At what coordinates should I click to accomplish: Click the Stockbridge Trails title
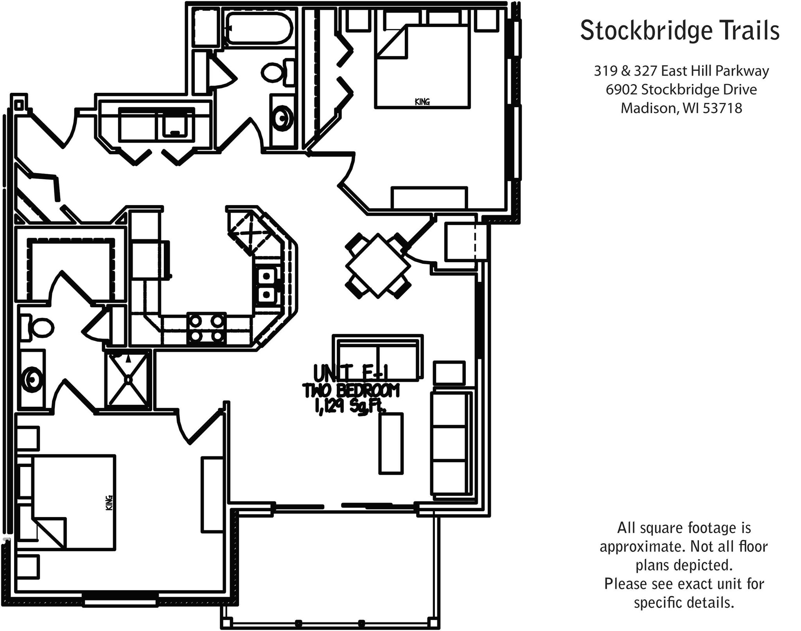(x=679, y=31)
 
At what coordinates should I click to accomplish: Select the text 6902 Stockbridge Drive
(x=681, y=90)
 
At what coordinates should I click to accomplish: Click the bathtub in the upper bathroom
(x=259, y=28)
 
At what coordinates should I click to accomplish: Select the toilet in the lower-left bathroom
(x=39, y=328)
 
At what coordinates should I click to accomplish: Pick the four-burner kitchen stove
(x=206, y=328)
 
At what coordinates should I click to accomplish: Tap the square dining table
(x=378, y=266)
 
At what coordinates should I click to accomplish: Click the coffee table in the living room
(x=390, y=444)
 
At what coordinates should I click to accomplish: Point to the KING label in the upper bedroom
(x=422, y=102)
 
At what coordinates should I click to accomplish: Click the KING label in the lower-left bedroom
(x=109, y=503)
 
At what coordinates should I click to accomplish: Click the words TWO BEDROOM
(x=351, y=391)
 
